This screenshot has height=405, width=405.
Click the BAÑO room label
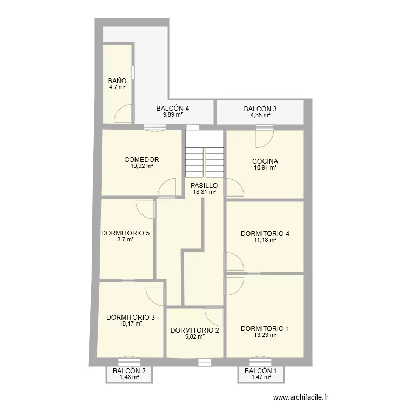point(117,80)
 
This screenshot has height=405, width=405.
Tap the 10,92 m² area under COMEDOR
point(142,166)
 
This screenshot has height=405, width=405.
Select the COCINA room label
point(265,161)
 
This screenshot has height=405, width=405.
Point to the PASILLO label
point(204,185)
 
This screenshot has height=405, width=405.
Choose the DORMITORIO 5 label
point(125,233)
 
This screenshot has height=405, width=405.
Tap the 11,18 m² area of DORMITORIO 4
point(265,240)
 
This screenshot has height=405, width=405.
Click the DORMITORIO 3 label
point(131,317)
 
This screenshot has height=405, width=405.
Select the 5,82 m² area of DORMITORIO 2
point(195,336)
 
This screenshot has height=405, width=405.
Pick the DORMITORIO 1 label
point(265,328)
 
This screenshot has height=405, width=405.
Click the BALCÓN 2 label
point(129,370)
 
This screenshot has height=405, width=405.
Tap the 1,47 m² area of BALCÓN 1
point(261,377)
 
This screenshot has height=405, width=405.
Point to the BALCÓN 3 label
point(260,109)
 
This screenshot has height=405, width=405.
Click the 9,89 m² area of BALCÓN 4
point(173,114)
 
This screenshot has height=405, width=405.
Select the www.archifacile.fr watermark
point(301,397)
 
